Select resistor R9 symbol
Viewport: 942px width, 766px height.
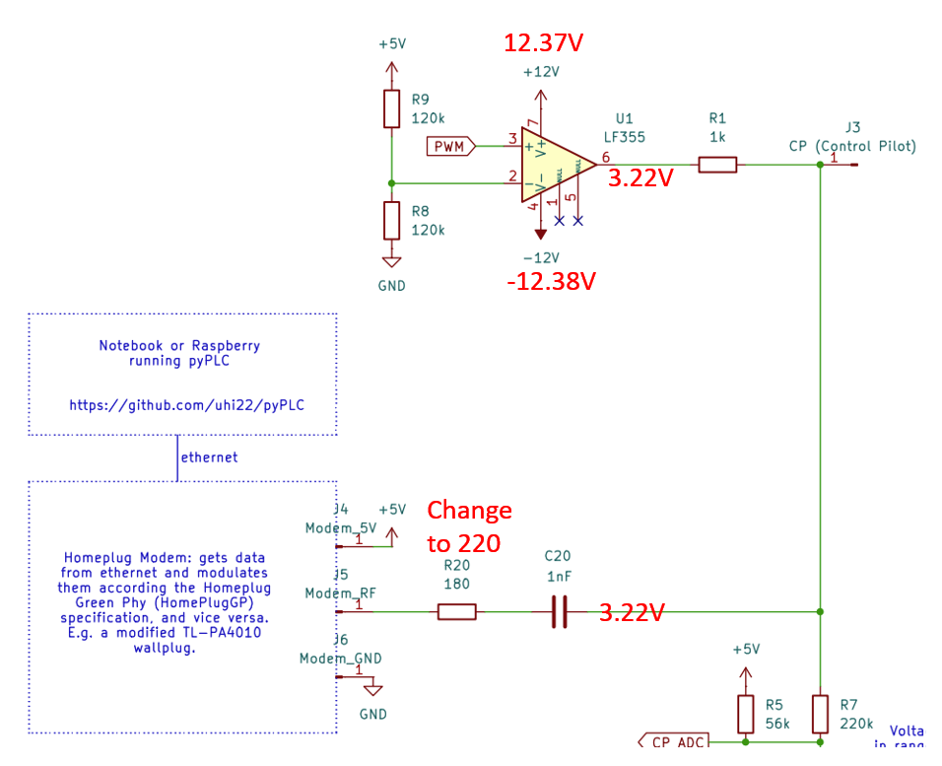coord(391,108)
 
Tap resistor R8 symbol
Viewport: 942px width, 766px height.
coord(391,220)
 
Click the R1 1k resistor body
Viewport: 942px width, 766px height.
coord(717,165)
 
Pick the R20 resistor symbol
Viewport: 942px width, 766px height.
coord(456,612)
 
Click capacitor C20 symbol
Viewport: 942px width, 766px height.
coord(559,612)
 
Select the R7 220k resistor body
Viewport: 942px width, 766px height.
coord(820,714)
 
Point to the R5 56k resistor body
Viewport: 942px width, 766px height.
coord(746,714)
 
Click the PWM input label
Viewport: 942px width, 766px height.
coord(451,147)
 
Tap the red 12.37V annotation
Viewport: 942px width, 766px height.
coord(544,43)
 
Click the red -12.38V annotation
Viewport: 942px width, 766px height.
coord(552,281)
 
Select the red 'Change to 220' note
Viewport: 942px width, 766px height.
coord(469,526)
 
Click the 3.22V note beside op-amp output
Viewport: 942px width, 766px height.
coord(639,177)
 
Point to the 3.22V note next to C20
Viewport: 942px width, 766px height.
coord(633,612)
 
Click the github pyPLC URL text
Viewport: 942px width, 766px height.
coord(182,405)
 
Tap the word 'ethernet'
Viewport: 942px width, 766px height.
coord(209,457)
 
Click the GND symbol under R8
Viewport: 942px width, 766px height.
coord(391,262)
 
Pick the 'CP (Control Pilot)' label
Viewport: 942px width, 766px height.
coord(852,146)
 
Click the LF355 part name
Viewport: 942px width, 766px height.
coord(624,137)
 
